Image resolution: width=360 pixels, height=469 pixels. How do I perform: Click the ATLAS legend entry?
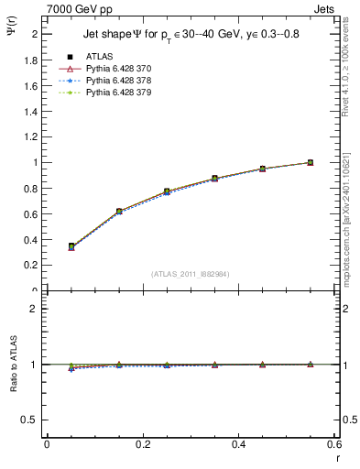98,57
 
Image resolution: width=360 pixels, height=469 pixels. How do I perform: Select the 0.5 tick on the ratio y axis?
31,420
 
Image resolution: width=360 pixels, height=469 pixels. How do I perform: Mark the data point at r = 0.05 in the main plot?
71,246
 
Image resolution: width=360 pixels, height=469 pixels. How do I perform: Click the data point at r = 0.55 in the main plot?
310,162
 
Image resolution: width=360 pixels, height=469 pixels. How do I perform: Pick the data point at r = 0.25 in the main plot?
167,191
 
